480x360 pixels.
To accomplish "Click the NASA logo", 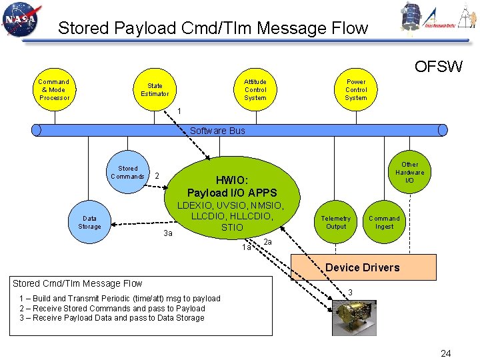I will pos(22,21).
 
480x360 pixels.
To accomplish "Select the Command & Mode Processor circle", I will pos(54,89).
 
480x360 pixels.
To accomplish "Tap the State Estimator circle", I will pos(155,89).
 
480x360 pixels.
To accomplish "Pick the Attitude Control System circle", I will pos(255,89).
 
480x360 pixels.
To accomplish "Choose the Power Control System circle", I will pos(355,89).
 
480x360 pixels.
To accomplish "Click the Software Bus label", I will pos(217,131).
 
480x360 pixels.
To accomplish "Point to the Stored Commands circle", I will pos(127,173).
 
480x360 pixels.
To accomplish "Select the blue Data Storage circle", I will pos(89,223).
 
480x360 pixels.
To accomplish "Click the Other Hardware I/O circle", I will pos(409,173).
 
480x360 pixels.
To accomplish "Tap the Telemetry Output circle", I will pos(335,223).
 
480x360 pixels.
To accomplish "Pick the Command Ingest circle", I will pos(384,223).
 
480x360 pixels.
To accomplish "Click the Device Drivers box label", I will pos(363,268).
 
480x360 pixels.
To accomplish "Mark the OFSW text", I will pos(438,67).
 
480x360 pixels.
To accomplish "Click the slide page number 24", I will pos(445,353).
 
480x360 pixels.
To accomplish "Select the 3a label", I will pos(168,233).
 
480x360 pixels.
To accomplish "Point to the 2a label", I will pos(268,241).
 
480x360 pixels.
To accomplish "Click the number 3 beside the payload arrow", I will pos(351,292).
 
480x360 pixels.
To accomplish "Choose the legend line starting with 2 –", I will pos(112,308).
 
